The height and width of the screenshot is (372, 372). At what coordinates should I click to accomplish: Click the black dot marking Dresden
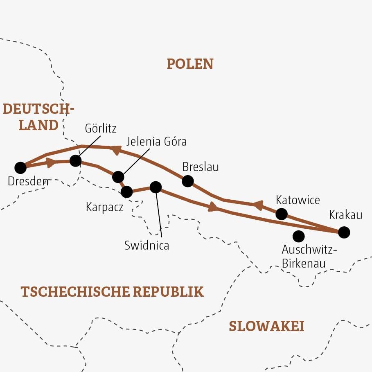pyautogui.click(x=20, y=167)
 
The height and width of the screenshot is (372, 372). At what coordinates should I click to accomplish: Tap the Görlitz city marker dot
pyautogui.click(x=75, y=160)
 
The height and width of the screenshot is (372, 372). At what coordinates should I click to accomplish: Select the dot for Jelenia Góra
pyautogui.click(x=118, y=177)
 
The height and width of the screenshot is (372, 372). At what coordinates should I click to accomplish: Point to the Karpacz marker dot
pyautogui.click(x=127, y=192)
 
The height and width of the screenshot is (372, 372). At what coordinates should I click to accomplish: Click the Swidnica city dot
pyautogui.click(x=156, y=187)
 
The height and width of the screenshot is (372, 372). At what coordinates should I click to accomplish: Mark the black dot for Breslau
pyautogui.click(x=187, y=180)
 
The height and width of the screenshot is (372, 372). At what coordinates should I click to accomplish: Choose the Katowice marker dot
pyautogui.click(x=282, y=214)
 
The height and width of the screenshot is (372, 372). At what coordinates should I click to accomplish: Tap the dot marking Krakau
pyautogui.click(x=344, y=232)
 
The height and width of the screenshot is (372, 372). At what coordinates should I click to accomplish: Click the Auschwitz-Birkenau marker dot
pyautogui.click(x=299, y=236)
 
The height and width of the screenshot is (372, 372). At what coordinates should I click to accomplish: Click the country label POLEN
pyautogui.click(x=190, y=64)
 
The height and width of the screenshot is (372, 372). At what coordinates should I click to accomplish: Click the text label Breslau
pyautogui.click(x=201, y=167)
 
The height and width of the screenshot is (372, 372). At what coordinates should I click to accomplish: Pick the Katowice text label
pyautogui.click(x=298, y=200)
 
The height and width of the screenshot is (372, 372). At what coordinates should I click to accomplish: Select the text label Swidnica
pyautogui.click(x=147, y=246)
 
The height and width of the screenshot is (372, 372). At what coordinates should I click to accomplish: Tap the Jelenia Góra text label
pyautogui.click(x=156, y=142)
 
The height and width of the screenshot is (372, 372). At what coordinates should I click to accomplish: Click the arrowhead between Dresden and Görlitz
pyautogui.click(x=51, y=163)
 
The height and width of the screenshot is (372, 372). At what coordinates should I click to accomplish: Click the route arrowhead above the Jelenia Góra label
pyautogui.click(x=116, y=150)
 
